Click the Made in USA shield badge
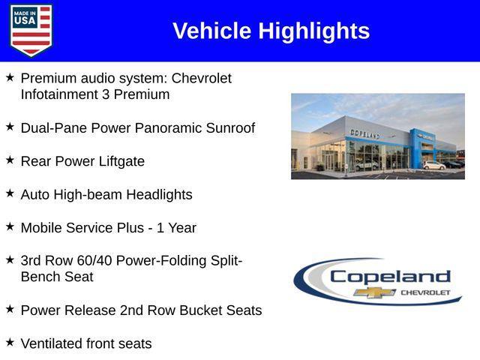click(31, 30)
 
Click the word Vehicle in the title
click(212, 31)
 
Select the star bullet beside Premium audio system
click(10, 77)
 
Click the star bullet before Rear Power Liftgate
click(10, 160)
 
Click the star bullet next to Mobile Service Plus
click(10, 226)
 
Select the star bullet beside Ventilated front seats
click(10, 343)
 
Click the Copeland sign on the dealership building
click(364, 133)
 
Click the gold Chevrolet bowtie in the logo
click(375, 292)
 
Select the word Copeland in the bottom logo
click(390, 276)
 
